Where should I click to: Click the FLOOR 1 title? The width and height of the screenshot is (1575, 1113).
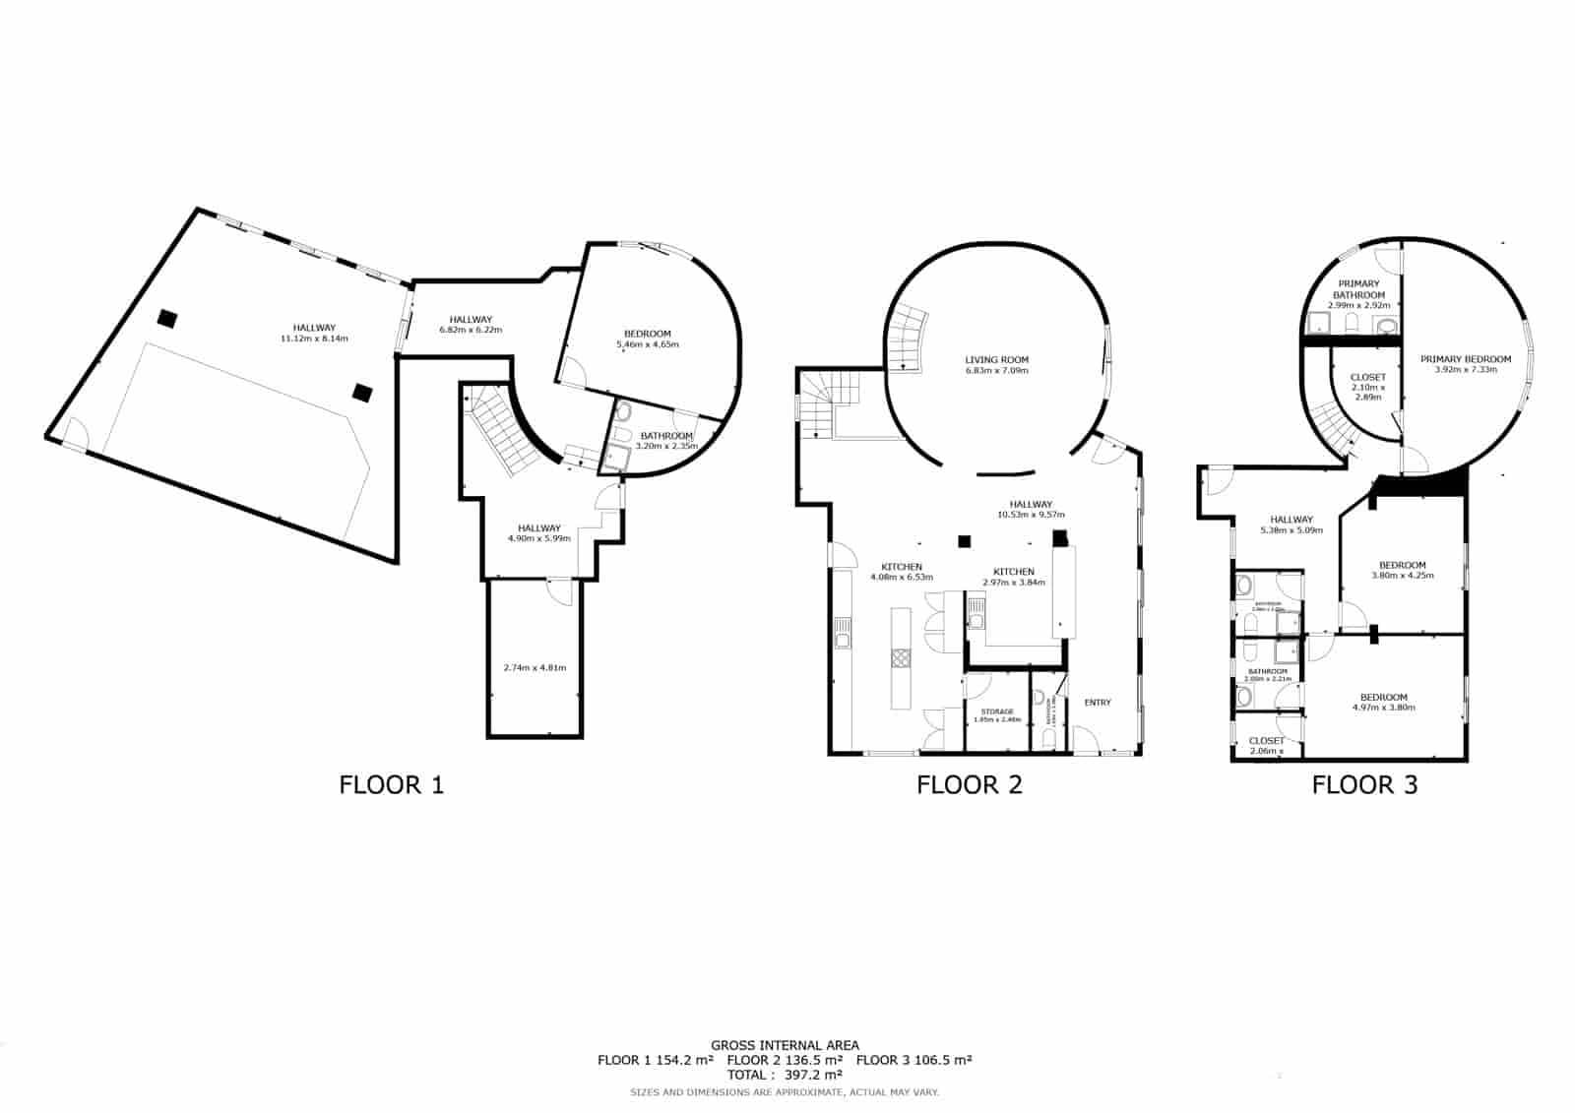coord(391,784)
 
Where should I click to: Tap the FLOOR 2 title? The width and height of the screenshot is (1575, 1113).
coord(969,784)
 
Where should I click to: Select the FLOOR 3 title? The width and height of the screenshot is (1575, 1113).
coord(1364,784)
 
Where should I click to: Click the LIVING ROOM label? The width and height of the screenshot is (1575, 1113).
coord(996,360)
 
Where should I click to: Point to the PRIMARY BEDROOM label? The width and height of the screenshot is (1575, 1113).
coord(1465,359)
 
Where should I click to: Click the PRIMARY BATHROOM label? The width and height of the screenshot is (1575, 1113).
coord(1358,289)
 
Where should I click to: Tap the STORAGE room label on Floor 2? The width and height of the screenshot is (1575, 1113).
coord(996,711)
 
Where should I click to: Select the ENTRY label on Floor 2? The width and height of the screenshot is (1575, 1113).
coord(1098,702)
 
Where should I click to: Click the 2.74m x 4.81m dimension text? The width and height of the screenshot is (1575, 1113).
coord(535,667)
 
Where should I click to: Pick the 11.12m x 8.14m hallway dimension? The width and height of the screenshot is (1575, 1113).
coord(314,339)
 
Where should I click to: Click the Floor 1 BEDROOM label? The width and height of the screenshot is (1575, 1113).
coord(647,334)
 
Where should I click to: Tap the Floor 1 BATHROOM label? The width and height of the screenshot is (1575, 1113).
coord(666,436)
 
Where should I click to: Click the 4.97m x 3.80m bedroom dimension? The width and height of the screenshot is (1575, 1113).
coord(1383,708)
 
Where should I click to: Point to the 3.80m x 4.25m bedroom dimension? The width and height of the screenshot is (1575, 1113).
coord(1402,575)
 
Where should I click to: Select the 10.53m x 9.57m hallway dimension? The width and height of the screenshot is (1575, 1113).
coord(1031,515)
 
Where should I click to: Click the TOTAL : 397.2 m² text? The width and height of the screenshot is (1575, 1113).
coord(785,1075)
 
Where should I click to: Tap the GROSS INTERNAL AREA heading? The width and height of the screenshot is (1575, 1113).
coord(785,1045)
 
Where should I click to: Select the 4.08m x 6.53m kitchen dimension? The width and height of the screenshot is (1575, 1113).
coord(901,577)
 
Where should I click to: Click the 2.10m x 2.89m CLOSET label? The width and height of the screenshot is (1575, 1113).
coord(1367,387)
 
